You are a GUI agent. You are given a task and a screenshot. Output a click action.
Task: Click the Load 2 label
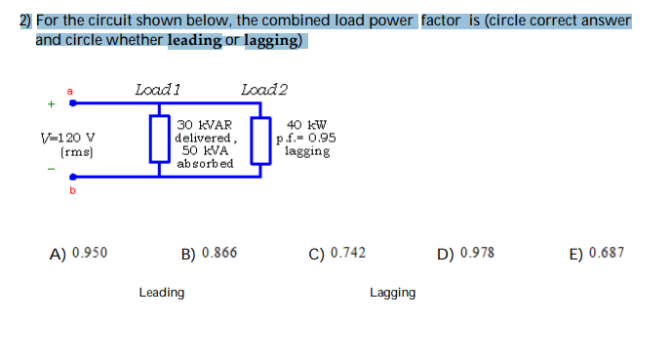pos(264,90)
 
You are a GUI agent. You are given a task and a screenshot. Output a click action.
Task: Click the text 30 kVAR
pos(205,125)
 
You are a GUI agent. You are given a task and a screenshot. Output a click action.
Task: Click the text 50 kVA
pos(205,150)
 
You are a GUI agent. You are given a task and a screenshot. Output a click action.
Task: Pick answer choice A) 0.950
pos(79,253)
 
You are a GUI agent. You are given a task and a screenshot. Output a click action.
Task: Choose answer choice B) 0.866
pos(209,254)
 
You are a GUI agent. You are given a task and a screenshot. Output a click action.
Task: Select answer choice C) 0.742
pos(337,253)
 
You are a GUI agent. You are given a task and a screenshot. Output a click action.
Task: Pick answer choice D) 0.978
pos(466,253)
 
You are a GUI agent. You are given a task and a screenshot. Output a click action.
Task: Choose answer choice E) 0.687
pos(596,253)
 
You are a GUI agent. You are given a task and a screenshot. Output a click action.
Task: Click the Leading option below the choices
pos(162,292)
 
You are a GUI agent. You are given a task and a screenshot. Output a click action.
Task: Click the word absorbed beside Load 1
pos(205,163)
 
